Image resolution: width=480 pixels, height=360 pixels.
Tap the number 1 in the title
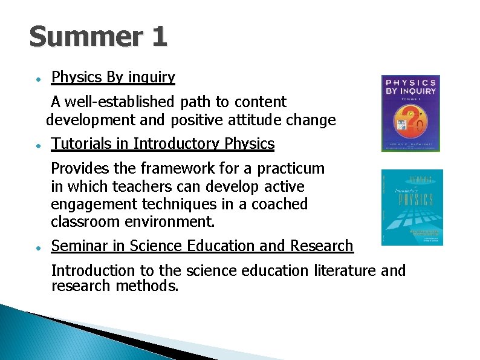click(x=158, y=38)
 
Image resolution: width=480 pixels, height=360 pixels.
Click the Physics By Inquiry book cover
click(x=410, y=113)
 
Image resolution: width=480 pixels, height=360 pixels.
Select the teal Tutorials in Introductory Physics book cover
click(x=412, y=207)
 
